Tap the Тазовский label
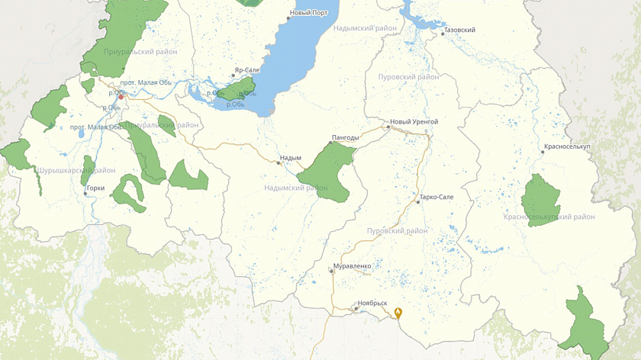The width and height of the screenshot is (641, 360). (460, 31)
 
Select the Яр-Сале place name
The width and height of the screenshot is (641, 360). (249, 69)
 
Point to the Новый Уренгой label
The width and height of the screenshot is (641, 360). (414, 122)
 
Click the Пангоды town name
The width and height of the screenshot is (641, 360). (346, 138)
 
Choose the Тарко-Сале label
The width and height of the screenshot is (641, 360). (436, 198)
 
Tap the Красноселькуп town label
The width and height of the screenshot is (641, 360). (569, 146)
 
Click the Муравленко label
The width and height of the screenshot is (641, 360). (353, 266)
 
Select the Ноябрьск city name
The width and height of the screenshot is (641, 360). (373, 303)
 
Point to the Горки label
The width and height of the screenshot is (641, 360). (96, 188)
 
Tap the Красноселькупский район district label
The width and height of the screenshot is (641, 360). (549, 217)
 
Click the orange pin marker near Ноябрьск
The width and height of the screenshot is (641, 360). (398, 312)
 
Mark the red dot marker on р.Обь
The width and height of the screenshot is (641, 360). (120, 97)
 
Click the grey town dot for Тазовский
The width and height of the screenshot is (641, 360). (442, 34)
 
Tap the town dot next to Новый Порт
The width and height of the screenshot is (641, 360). (288, 18)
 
